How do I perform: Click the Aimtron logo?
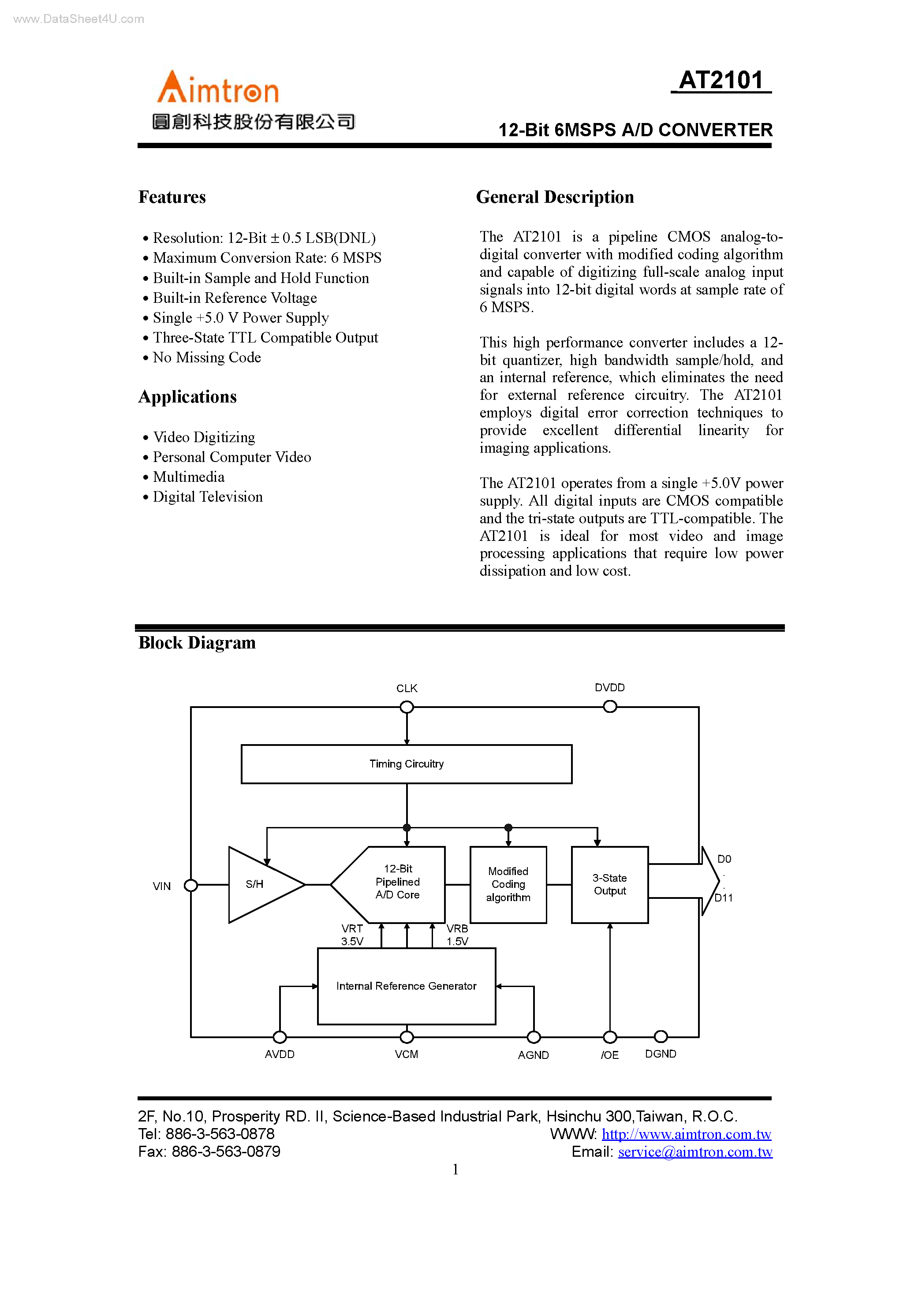point(218,88)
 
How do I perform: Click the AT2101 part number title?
point(721,80)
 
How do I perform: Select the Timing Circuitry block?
point(406,764)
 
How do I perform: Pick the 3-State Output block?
point(609,884)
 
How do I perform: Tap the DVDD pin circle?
point(609,707)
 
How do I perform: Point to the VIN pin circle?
point(191,885)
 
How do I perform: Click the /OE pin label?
point(609,1055)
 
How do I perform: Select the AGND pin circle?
point(534,1037)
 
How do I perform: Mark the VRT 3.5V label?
point(352,935)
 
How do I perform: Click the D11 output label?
point(724,898)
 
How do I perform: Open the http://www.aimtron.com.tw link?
point(687,1134)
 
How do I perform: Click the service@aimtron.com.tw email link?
point(695,1151)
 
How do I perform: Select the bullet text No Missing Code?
point(207,358)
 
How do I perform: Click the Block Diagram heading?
point(197,643)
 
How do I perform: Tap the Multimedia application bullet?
point(189,477)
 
